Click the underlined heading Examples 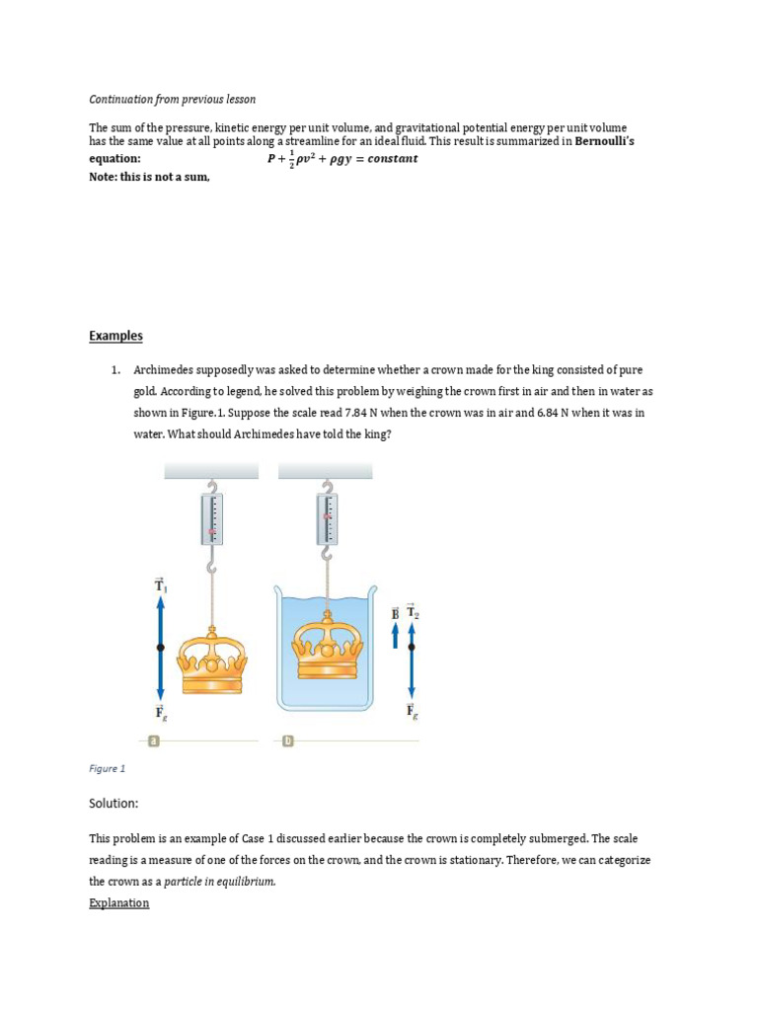tap(115, 336)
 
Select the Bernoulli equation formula tap(342, 159)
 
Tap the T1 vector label tap(160, 586)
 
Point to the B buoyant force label tap(396, 613)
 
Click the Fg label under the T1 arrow tap(160, 713)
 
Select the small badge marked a tap(152, 740)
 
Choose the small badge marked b tap(288, 740)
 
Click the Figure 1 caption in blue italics tap(107, 768)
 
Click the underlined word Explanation tap(118, 902)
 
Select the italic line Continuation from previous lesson tap(172, 100)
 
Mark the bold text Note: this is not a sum tap(149, 176)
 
